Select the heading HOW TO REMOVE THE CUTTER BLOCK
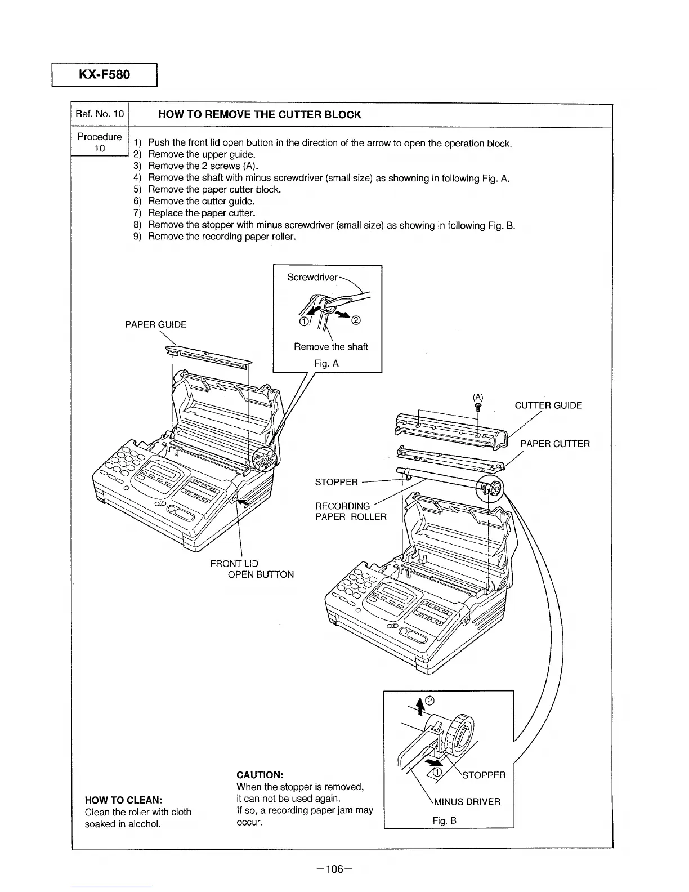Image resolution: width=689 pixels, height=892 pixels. coord(260,115)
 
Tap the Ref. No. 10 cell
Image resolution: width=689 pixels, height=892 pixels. coord(100,114)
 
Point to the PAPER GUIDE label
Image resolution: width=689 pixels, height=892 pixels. coord(155,324)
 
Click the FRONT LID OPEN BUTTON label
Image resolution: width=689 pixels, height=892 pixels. coord(252,569)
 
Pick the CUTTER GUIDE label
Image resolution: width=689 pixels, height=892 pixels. coord(548,405)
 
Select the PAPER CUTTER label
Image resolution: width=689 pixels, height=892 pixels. coord(555,444)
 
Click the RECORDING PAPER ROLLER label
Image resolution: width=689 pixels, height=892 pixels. coord(350,511)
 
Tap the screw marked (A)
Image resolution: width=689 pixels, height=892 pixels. coord(477,407)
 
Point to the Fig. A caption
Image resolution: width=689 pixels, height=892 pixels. coord(326,364)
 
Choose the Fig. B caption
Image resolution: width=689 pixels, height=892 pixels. coord(444,820)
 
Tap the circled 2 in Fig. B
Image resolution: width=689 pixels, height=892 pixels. coord(430,701)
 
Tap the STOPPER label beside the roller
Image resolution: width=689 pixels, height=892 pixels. coord(336,482)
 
